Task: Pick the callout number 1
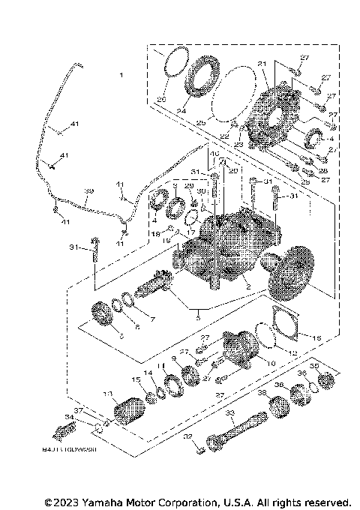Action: [x=119, y=76]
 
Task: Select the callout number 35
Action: [x=314, y=367]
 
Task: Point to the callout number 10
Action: [x=271, y=363]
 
